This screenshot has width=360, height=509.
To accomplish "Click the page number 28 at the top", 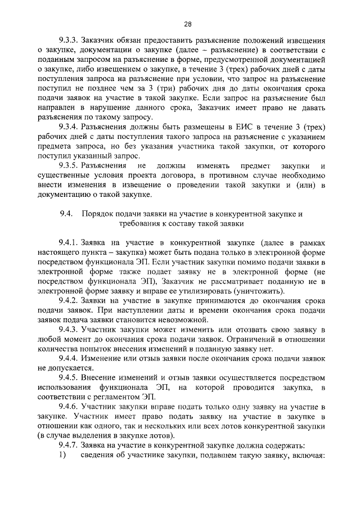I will (187, 24).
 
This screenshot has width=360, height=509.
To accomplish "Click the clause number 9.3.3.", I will (69, 42).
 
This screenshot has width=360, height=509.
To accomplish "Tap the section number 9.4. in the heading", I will (67, 215).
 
